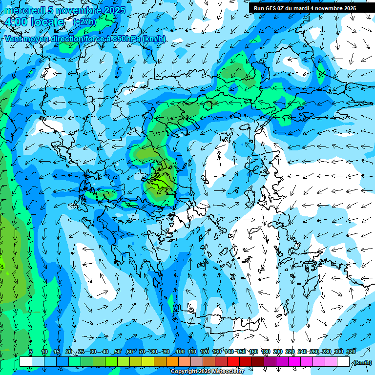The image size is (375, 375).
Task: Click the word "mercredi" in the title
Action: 25,10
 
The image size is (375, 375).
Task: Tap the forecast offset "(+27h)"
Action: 84,22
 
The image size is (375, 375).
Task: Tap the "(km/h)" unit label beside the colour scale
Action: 362,362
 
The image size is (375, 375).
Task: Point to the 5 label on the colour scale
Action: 31,352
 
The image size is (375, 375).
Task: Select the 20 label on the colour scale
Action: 68,352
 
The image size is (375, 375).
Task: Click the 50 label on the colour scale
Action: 118,352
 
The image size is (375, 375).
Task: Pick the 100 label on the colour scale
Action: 180,352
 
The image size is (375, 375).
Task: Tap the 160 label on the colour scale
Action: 253,352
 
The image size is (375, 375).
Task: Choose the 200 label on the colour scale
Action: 278,352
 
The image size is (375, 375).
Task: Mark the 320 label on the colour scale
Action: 351,352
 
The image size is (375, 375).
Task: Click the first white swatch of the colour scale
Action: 26,362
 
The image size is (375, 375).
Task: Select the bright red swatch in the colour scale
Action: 233,362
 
